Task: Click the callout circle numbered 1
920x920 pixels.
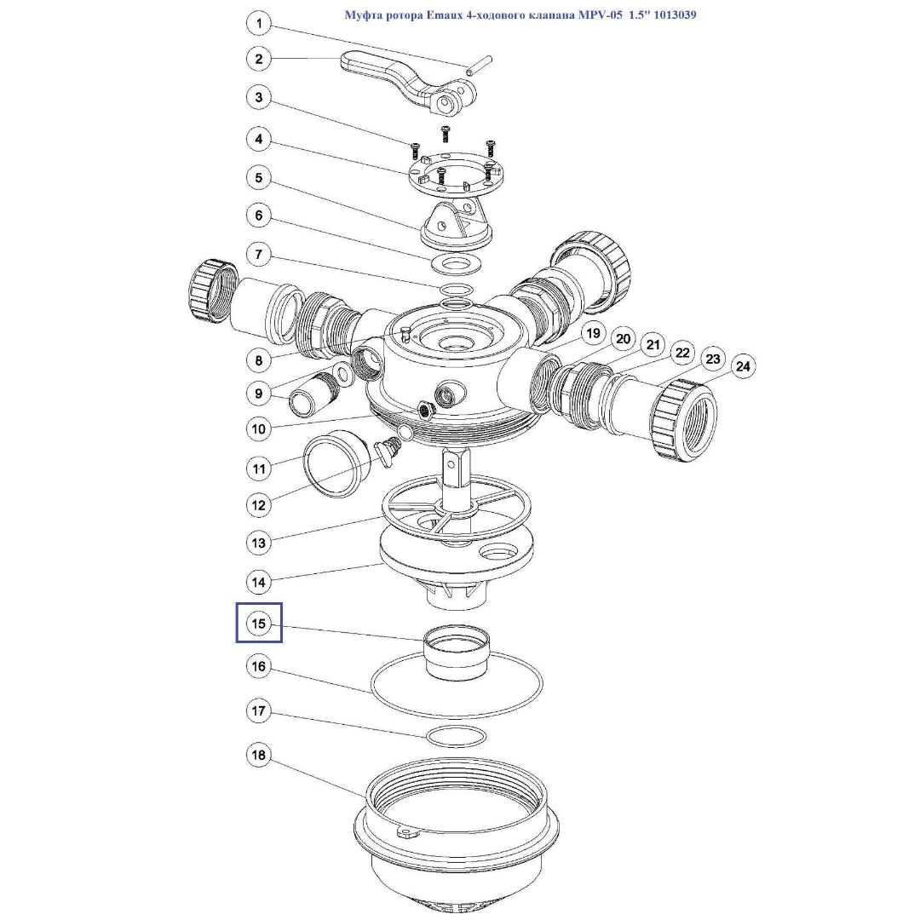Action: [259, 24]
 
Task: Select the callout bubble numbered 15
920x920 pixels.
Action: [259, 623]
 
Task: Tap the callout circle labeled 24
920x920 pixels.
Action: [743, 366]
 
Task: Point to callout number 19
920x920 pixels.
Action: [593, 333]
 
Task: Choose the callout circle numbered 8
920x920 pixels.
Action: [259, 360]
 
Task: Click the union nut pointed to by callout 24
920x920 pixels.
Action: [683, 420]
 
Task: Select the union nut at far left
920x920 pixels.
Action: [212, 290]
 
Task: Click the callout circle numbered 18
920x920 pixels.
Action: [259, 755]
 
